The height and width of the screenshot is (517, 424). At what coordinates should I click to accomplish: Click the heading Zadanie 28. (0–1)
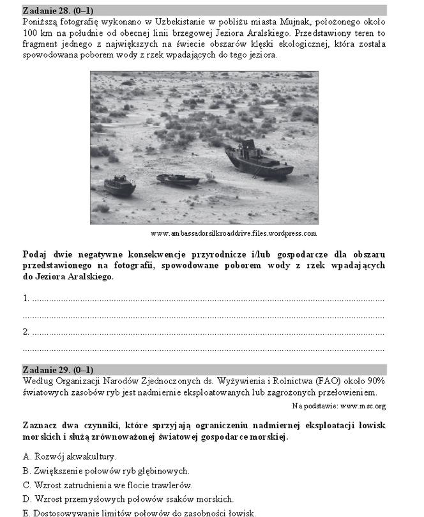57,10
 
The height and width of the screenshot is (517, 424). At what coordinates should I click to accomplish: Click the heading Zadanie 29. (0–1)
57,370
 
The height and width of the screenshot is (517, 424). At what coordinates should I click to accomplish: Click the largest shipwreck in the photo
258,161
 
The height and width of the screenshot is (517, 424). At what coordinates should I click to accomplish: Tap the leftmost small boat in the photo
119,185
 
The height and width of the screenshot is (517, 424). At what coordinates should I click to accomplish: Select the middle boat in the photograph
178,180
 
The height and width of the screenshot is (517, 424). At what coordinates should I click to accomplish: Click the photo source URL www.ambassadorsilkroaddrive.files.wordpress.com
234,233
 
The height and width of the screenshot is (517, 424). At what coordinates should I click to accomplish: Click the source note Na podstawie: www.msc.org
338,406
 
